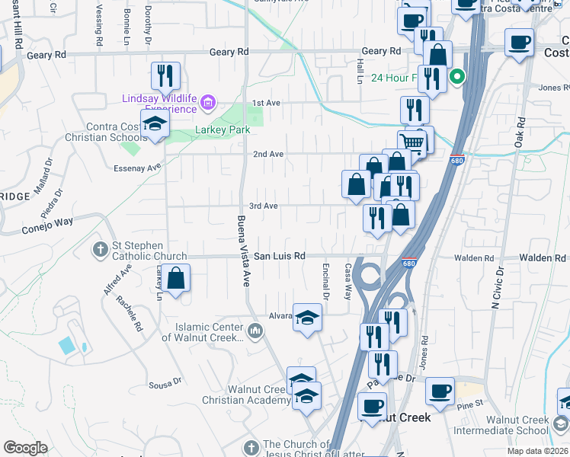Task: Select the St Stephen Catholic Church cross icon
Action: (101, 249)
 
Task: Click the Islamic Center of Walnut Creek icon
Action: (255, 331)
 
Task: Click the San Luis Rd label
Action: (279, 257)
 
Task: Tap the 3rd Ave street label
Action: (264, 206)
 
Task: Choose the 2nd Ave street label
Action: (268, 154)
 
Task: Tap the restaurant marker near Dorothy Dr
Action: (165, 75)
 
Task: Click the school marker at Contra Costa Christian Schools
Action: (155, 124)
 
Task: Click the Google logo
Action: (25, 447)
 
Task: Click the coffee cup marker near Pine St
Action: (440, 391)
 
